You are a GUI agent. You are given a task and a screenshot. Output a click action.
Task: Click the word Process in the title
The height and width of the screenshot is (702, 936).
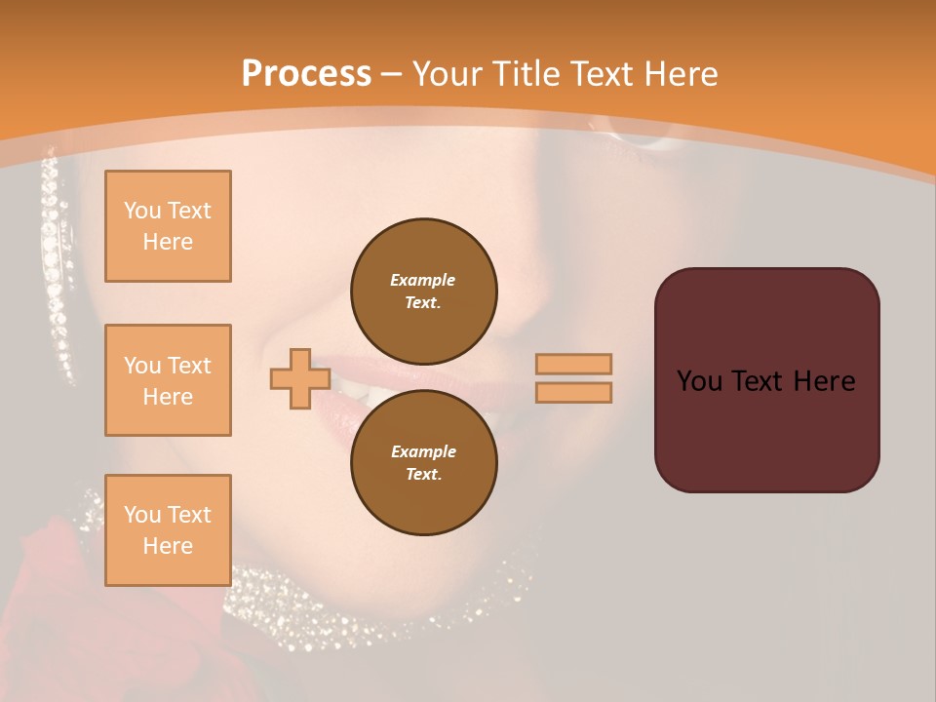306,74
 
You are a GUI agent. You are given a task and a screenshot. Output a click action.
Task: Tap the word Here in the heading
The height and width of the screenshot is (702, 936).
677,74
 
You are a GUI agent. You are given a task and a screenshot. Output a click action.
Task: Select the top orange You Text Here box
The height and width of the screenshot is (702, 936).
168,226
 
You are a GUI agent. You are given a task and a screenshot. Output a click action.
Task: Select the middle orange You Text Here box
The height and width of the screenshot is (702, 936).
168,380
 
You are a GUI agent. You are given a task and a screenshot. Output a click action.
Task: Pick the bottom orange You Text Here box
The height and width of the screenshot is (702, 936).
168,530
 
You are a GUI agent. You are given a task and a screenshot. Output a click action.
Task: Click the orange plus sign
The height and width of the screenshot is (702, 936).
299,378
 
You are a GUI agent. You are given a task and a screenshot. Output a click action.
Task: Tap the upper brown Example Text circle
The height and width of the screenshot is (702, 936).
423,291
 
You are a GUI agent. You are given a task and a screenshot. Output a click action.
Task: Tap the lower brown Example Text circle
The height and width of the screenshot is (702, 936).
423,462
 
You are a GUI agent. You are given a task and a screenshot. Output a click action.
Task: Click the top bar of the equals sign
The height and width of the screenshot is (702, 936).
573,364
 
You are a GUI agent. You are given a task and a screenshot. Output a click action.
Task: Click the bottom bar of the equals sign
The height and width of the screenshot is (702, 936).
573,392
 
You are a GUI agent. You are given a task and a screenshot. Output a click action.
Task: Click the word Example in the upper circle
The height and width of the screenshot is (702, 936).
423,280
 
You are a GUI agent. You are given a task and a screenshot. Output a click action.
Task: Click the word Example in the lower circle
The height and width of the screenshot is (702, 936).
423,451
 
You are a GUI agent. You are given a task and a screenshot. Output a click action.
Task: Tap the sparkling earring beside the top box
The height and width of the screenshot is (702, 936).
57,263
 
